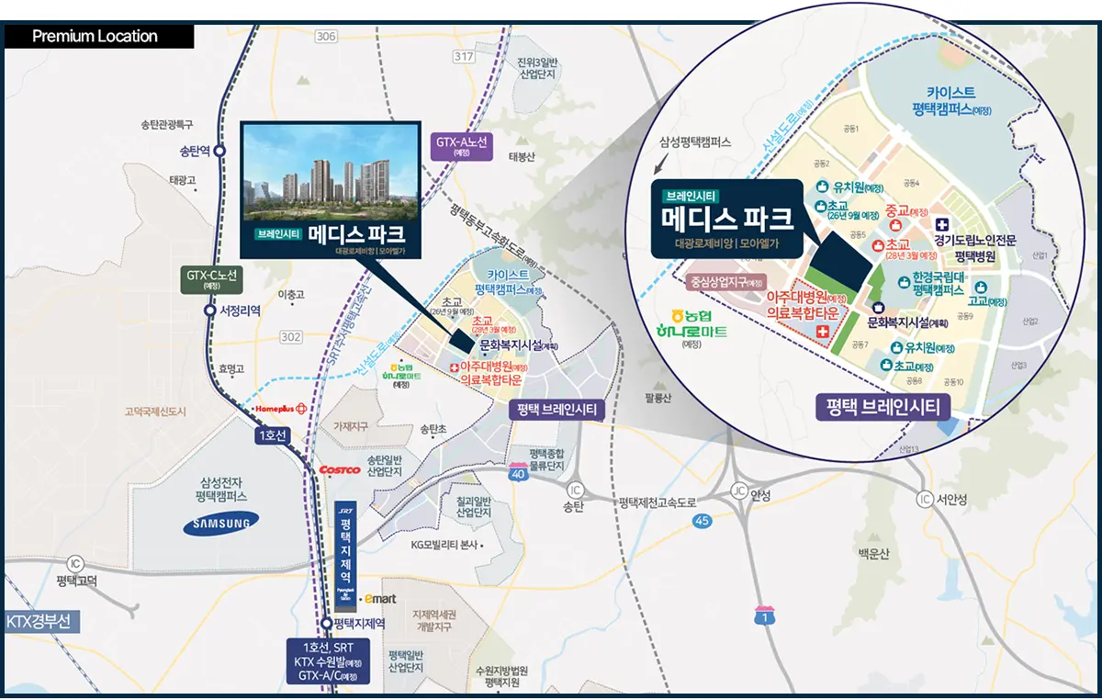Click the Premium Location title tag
coord(96,37)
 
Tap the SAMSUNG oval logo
coord(220,524)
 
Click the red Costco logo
coord(339,469)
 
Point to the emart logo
coord(380,598)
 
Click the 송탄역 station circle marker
coord(219,152)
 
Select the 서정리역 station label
coord(242,310)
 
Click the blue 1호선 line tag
coord(273,435)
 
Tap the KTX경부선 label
coord(39,621)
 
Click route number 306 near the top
coord(325,36)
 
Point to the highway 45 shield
coord(703,521)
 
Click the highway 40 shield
coord(518,472)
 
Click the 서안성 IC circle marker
coord(924,499)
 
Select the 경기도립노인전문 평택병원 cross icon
coord(942,224)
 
